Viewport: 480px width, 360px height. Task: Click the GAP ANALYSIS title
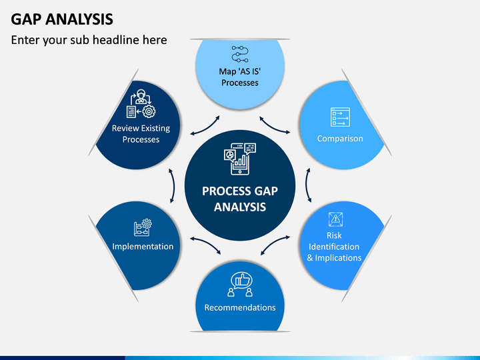tap(62, 19)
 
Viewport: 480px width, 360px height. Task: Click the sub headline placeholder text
tap(89, 40)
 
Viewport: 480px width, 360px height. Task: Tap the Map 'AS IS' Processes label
tap(240, 77)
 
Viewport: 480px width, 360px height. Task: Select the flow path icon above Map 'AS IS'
tap(240, 54)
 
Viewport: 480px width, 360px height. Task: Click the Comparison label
tap(340, 139)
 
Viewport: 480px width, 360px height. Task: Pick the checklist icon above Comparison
tap(340, 117)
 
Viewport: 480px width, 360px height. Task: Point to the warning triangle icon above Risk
tap(335, 219)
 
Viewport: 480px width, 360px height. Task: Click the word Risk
tap(334, 235)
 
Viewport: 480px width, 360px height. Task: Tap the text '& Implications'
tap(334, 258)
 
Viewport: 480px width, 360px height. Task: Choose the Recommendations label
tap(240, 307)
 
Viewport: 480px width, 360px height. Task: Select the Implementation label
tap(143, 247)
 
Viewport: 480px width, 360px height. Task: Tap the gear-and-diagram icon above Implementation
tap(143, 227)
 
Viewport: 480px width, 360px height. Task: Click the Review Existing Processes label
tap(141, 134)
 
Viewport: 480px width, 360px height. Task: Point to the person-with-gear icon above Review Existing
tap(141, 103)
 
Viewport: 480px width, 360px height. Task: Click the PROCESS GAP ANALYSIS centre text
tap(240, 199)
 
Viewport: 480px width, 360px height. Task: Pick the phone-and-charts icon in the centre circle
tap(240, 159)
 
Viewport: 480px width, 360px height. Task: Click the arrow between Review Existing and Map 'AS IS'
tap(206, 127)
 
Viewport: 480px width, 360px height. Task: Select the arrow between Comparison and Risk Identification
tap(307, 185)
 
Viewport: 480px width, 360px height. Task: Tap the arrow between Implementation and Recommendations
tap(207, 244)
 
